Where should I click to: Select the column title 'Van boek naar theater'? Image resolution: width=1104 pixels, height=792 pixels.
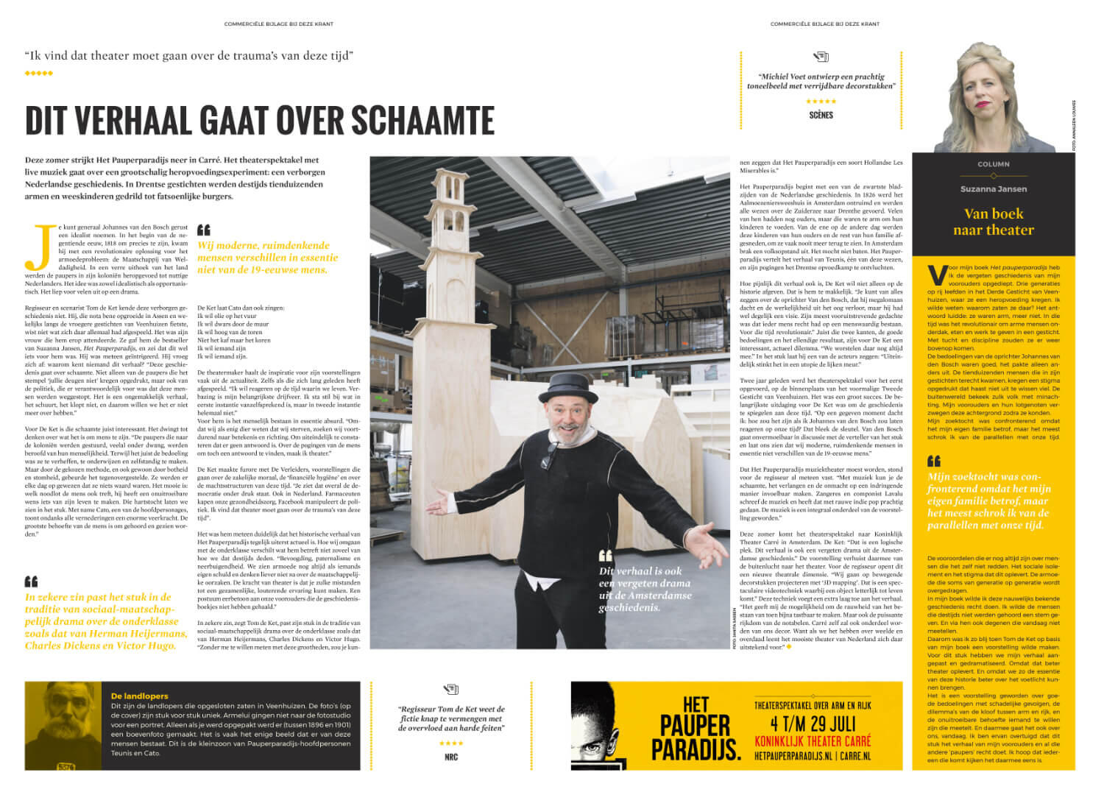tap(993, 222)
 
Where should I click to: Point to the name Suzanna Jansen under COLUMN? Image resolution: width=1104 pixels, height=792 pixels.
tap(993, 189)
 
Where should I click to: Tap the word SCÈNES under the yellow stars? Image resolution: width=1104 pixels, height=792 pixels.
tap(821, 116)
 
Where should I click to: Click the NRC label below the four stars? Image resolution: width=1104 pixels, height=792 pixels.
tap(451, 757)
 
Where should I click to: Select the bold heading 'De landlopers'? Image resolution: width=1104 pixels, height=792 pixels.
tap(140, 696)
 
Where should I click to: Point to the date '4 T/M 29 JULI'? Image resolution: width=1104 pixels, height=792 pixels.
tap(813, 723)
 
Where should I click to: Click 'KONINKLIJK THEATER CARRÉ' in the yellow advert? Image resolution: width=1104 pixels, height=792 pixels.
tap(813, 740)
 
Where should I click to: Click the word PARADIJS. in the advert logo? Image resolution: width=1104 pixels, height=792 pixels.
tap(696, 749)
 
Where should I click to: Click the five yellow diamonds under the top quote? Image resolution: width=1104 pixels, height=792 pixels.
tap(38, 74)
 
